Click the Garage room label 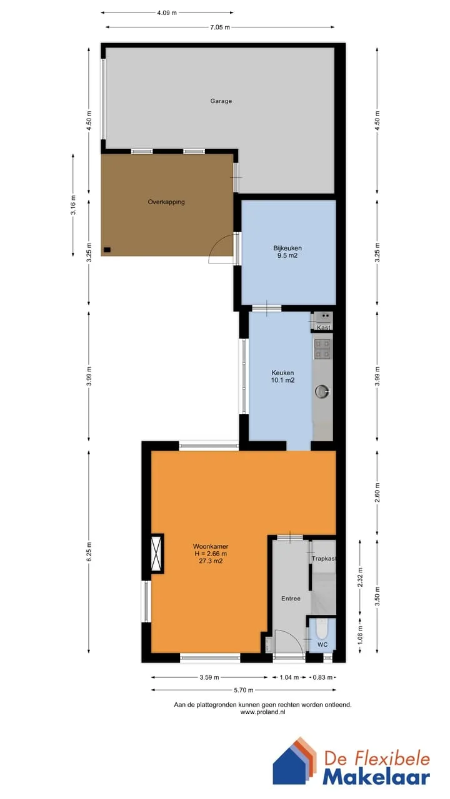click(221, 101)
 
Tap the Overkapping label click(166, 202)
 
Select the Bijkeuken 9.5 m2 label click(287, 252)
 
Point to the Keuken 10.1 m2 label click(283, 376)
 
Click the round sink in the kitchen click(322, 391)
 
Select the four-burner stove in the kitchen click(322, 349)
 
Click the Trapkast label click(324, 559)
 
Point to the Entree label click(291, 599)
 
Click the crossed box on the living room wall click(156, 554)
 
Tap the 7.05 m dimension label click(220, 27)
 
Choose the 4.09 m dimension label click(167, 13)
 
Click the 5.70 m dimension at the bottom click(244, 690)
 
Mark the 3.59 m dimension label click(209, 677)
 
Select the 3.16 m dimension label click(73, 205)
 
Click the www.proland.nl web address click(263, 712)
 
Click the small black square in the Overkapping click(107, 250)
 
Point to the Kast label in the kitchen click(324, 328)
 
